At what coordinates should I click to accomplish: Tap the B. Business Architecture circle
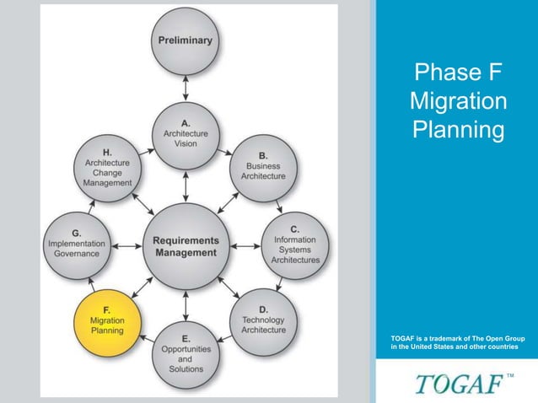click(x=263, y=165)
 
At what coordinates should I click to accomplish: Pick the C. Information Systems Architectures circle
click(x=295, y=244)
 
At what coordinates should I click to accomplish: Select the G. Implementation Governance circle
click(x=76, y=244)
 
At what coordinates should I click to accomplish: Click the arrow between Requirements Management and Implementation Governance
click(x=126, y=245)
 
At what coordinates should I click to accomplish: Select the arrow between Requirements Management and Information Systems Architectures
click(x=245, y=245)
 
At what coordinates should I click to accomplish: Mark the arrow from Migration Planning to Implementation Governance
click(x=92, y=283)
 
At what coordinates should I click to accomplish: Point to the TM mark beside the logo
click(x=510, y=373)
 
